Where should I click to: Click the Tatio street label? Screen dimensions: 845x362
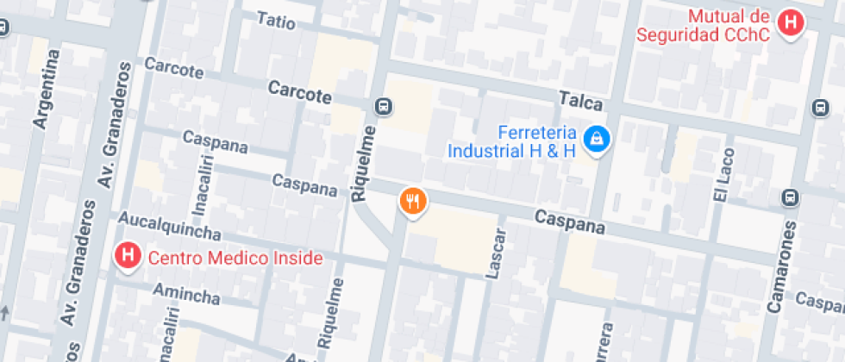[x=276, y=21]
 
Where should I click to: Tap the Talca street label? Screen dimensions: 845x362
[x=580, y=101]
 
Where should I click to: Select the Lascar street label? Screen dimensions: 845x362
[x=495, y=253]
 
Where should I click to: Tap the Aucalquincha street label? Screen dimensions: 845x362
[x=172, y=226]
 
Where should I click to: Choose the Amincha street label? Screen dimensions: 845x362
[x=186, y=295]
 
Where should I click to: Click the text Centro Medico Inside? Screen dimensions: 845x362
[x=235, y=258]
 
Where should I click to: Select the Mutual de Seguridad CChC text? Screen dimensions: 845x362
[x=703, y=26]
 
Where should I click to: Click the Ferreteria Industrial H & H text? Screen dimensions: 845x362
[x=511, y=142]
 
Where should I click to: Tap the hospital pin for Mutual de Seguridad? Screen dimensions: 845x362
[x=789, y=22]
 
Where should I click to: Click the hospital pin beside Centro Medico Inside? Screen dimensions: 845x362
[x=128, y=255]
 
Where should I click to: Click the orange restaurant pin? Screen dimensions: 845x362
[x=414, y=202]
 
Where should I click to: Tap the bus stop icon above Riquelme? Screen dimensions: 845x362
[x=384, y=107]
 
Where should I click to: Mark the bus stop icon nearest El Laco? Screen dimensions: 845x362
[x=789, y=198]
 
